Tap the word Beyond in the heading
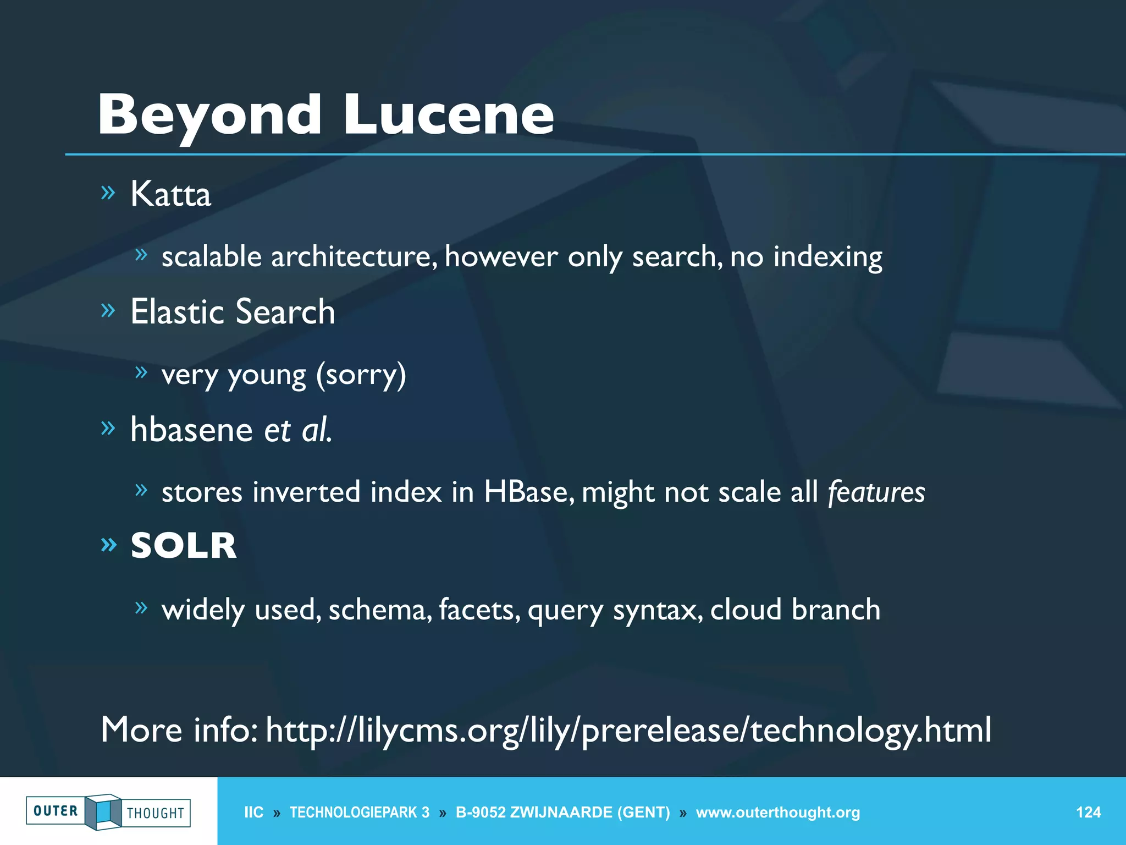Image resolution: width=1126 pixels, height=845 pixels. [x=209, y=116]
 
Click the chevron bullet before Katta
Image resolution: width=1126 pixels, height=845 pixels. [x=108, y=192]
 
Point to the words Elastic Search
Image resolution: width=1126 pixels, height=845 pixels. [x=233, y=312]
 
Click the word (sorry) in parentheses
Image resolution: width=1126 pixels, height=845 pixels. [x=361, y=375]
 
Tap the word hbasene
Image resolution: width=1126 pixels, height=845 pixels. [x=191, y=430]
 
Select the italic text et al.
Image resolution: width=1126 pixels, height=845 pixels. [x=298, y=430]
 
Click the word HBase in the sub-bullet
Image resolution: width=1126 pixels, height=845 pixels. [x=525, y=492]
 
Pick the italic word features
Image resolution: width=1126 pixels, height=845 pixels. [x=876, y=492]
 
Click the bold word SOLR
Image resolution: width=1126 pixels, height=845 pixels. [x=184, y=546]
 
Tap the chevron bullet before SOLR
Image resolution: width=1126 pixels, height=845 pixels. [x=109, y=545]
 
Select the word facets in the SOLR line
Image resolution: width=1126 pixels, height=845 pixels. [x=479, y=610]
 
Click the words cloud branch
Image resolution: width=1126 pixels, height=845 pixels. [x=795, y=610]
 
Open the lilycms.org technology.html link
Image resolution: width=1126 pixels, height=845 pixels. [x=628, y=730]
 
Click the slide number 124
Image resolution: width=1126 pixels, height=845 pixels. [x=1088, y=813]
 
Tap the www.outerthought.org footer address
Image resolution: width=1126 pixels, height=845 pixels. [x=777, y=813]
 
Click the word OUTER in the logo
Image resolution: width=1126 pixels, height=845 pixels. [x=56, y=811]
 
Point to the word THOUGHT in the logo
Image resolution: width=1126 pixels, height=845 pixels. [x=156, y=813]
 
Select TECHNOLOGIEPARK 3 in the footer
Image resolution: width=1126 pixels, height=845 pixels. [x=360, y=813]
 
